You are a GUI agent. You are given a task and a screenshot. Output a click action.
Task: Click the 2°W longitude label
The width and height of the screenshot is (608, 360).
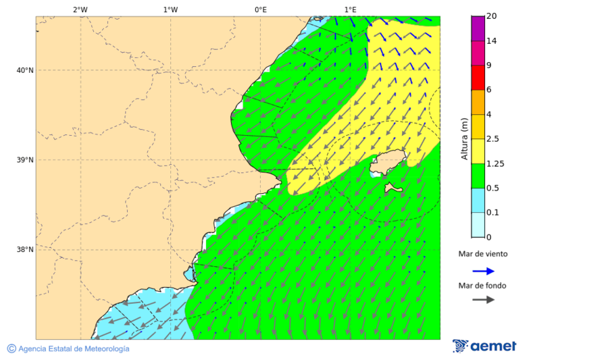click(x=80, y=9)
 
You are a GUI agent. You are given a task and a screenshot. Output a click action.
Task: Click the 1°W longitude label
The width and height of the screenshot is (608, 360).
click(x=170, y=9)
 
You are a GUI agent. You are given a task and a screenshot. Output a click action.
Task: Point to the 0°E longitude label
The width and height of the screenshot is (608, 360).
click(x=260, y=9)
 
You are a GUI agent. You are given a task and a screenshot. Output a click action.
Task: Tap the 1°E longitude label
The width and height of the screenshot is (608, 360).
click(x=350, y=9)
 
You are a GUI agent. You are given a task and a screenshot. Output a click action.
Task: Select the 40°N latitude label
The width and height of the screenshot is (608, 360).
click(x=24, y=70)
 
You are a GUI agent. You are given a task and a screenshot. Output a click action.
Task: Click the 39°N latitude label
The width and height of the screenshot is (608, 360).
click(x=24, y=160)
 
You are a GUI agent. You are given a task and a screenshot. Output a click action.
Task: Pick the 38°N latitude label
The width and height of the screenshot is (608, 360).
click(x=24, y=250)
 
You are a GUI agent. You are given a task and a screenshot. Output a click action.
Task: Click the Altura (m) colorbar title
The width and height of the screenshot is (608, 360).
click(x=464, y=139)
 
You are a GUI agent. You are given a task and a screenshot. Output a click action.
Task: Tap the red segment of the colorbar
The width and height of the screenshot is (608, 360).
click(x=478, y=78)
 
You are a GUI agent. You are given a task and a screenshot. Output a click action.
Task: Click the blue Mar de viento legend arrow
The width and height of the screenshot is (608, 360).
click(x=483, y=271)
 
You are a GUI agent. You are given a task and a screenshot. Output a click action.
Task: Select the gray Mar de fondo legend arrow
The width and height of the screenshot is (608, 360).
click(x=483, y=300)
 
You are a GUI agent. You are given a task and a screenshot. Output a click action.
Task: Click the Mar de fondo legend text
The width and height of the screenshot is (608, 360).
click(x=482, y=286)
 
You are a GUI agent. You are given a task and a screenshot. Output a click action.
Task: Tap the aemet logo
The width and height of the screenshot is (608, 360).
click(x=484, y=346)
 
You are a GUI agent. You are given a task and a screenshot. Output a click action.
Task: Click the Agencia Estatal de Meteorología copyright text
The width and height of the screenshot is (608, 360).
click(x=68, y=349)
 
